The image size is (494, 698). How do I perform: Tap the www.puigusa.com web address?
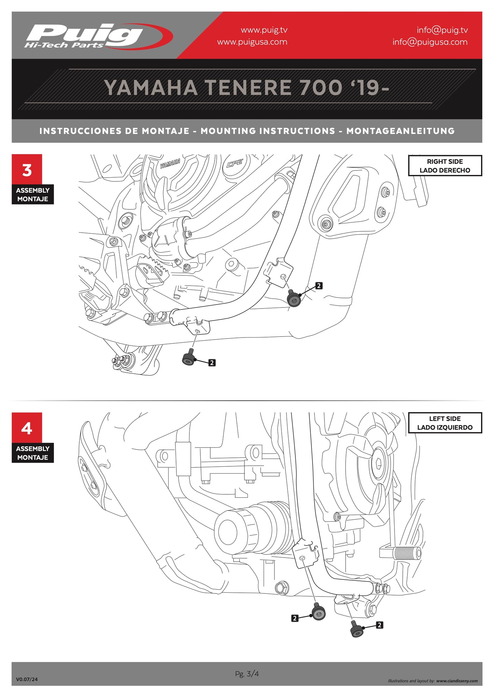coord(252,42)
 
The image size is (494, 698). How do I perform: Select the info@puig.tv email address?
coord(442,30)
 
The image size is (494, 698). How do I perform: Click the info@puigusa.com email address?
coord(430,42)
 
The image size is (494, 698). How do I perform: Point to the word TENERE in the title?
coord(248,88)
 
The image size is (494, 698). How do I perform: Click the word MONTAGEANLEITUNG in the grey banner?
coord(400,131)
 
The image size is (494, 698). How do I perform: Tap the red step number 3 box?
coord(27,170)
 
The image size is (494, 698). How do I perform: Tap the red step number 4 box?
coord(27,428)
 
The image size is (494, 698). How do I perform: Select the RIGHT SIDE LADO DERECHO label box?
coord(445,166)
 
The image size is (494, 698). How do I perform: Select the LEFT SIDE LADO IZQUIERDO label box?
coord(445,423)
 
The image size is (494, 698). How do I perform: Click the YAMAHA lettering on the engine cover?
coord(170,164)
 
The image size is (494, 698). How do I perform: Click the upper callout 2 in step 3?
coord(319,286)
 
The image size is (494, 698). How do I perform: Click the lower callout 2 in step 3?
coord(212,362)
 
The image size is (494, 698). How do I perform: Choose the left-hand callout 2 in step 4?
coord(295,618)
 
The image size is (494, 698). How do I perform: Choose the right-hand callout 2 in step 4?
coord(379,625)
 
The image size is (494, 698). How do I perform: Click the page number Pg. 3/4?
coord(247,674)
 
